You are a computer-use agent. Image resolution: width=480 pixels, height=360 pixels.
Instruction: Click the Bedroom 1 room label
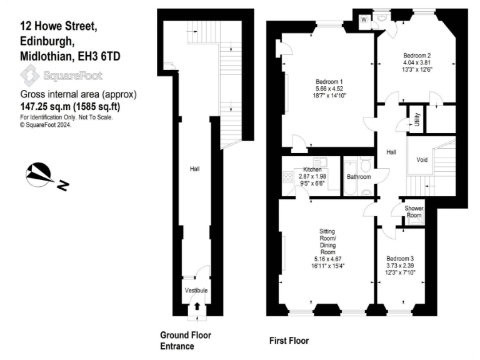pyautogui.click(x=329, y=82)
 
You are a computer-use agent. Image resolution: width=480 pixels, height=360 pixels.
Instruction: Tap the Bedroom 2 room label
pyautogui.click(x=416, y=55)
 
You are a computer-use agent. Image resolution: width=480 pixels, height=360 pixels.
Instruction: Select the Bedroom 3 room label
pyautogui.click(x=399, y=259)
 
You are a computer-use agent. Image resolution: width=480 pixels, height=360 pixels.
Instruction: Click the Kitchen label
pyautogui.click(x=312, y=170)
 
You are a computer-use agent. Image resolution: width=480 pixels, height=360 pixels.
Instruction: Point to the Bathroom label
pyautogui.click(x=359, y=177)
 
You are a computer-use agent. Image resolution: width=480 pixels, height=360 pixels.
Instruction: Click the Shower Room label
pyautogui.click(x=414, y=212)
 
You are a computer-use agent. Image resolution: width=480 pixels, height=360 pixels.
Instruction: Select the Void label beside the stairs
pyautogui.click(x=422, y=160)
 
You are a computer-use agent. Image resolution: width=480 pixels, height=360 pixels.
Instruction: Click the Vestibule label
pyautogui.click(x=196, y=291)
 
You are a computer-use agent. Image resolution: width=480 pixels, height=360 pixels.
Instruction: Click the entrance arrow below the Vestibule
pyautogui.click(x=197, y=307)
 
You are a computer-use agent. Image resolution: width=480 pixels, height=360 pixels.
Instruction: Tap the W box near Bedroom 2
pyautogui.click(x=363, y=19)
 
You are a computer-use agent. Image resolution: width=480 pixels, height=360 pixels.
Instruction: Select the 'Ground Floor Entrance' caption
pyautogui.click(x=186, y=341)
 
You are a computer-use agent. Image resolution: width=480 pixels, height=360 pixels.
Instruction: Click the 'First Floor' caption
pyautogui.click(x=289, y=341)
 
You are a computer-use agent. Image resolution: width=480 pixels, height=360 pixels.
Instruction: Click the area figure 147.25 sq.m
pyautogui.click(x=47, y=106)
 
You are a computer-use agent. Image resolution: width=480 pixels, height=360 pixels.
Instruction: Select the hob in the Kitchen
pyautogui.click(x=288, y=177)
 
